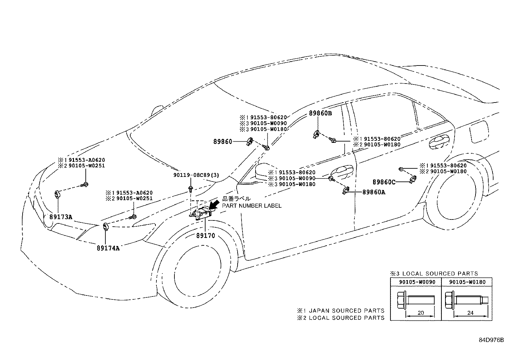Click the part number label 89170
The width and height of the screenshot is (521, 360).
[x=206, y=235]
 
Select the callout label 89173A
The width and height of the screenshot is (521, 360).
[x=61, y=217]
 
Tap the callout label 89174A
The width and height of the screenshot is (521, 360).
[x=108, y=248]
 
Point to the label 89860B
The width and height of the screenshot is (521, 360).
[x=320, y=113]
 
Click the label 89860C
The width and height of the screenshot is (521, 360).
[x=384, y=182]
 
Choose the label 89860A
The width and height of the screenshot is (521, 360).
[x=373, y=192]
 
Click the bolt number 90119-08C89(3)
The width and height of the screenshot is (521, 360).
[x=196, y=175]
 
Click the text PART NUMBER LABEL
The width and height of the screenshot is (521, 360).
[x=252, y=206]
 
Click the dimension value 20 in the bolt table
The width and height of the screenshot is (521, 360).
[x=421, y=313]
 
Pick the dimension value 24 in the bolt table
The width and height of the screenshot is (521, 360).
[x=470, y=313]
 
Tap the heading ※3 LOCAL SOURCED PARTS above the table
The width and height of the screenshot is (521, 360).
[x=434, y=274]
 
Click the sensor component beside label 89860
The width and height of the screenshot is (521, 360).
[x=250, y=142]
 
